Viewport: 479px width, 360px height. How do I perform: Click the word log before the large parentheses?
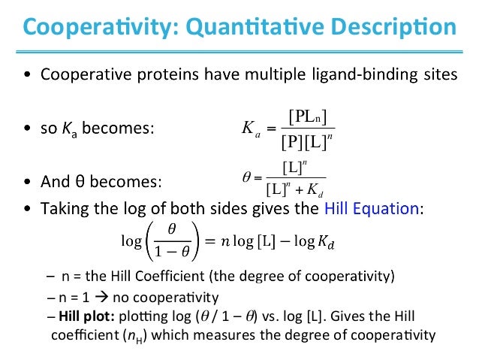click(x=131, y=241)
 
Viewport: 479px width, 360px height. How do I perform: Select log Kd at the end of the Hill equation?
click(x=312, y=241)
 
